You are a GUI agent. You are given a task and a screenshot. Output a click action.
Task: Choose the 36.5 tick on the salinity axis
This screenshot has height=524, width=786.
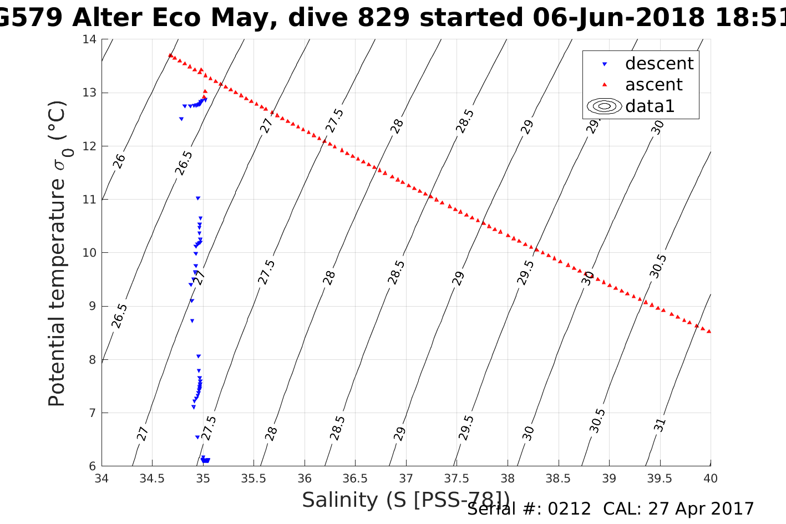pos(355,479)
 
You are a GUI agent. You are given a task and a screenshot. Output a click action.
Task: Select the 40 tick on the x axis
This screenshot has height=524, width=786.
pos(711,479)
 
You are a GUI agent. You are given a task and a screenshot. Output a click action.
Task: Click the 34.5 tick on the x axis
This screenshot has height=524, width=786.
pos(152,479)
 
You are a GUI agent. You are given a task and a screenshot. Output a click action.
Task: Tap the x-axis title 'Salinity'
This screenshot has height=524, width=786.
pos(339,500)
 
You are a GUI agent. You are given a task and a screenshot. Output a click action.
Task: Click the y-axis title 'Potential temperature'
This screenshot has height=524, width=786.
pos(57,253)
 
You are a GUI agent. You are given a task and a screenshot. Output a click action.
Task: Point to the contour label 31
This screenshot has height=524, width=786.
pos(659,425)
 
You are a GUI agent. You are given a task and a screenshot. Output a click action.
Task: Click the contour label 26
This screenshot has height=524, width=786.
pos(119,161)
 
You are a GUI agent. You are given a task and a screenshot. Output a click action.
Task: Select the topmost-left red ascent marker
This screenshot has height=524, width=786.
pos(170,55)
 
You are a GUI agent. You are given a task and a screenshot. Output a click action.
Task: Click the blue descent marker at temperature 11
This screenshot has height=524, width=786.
pos(198,198)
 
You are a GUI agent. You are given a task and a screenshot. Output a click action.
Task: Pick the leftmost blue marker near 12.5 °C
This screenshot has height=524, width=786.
pos(181,119)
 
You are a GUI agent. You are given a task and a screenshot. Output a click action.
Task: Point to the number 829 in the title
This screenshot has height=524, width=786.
pos(385,18)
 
